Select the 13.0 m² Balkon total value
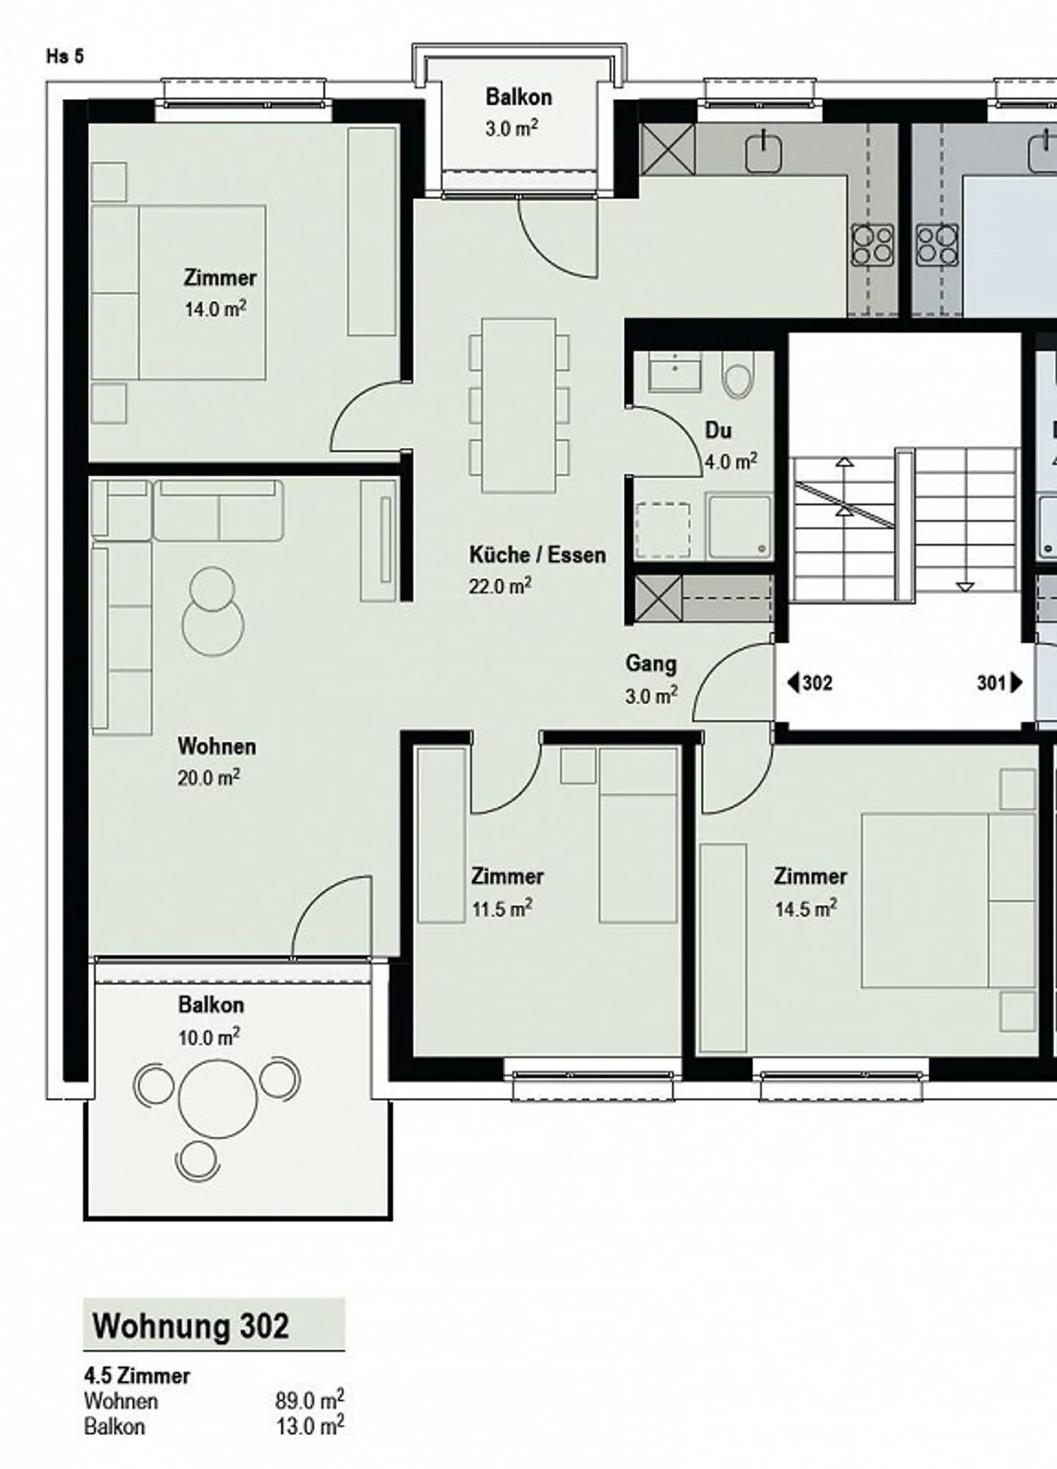coord(309,1426)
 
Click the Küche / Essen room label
coord(537,555)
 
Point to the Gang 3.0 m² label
coord(651,679)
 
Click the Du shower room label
coord(718,430)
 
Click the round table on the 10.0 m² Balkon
coord(218,1100)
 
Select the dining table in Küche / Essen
coord(518,405)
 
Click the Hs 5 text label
coord(65,57)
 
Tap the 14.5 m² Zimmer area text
coord(805,909)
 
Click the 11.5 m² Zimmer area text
coord(501,909)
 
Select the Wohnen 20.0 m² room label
coord(217,761)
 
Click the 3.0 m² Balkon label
coord(518,112)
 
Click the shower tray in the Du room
coord(738,525)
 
